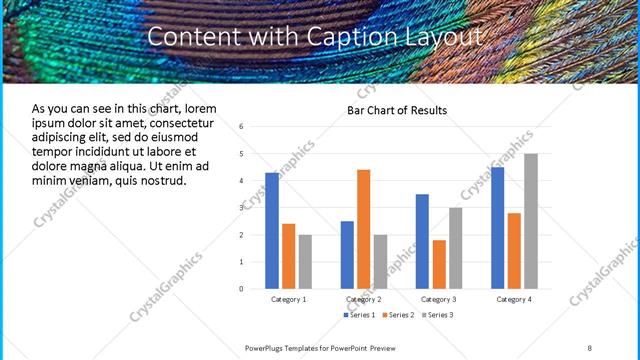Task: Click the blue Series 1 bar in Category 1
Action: [x=272, y=231]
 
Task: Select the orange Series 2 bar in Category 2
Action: [x=363, y=229]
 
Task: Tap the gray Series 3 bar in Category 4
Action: [x=531, y=221]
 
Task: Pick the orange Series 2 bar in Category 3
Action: [x=439, y=264]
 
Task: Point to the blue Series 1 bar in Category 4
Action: [x=498, y=228]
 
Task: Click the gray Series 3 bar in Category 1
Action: [x=305, y=262]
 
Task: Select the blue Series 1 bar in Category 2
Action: [x=347, y=255]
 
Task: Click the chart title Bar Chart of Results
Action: [x=397, y=110]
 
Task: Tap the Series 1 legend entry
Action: [x=361, y=315]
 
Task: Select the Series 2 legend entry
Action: [x=397, y=315]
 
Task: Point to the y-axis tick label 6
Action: [x=241, y=127]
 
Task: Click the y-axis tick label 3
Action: [x=241, y=208]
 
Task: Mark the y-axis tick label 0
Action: [x=241, y=289]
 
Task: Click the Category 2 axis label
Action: [x=363, y=299]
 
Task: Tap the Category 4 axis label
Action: [x=514, y=299]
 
